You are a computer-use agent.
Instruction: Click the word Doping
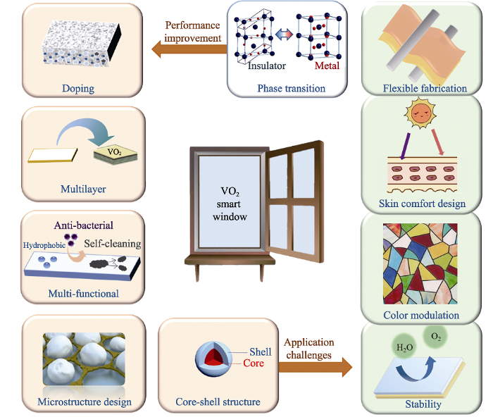78,89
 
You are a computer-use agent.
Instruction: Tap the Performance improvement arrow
189,49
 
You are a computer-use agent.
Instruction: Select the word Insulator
267,66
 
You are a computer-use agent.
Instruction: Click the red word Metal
327,66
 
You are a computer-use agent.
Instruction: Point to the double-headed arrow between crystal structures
284,35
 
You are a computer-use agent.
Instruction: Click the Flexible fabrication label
425,88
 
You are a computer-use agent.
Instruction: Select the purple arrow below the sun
405,147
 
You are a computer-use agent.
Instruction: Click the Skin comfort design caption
422,204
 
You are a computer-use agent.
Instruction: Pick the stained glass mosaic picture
420,263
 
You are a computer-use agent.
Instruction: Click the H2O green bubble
405,347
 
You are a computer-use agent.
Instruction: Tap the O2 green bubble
436,337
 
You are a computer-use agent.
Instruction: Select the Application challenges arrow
316,367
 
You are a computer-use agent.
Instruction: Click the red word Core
254,363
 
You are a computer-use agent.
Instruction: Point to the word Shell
261,351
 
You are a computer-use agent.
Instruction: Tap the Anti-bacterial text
84,225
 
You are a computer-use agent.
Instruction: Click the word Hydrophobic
44,245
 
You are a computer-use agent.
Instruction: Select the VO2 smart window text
230,204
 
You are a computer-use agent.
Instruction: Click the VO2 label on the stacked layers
114,152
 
